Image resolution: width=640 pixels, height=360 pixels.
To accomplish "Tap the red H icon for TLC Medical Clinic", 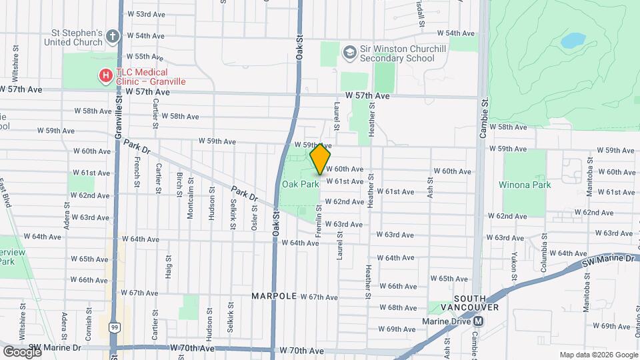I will click(105, 77).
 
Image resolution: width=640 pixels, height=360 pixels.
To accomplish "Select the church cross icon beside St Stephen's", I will click(113, 36).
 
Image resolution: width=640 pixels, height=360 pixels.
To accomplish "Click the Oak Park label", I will click(300, 184).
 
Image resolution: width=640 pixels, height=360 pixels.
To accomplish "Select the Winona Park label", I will click(525, 185).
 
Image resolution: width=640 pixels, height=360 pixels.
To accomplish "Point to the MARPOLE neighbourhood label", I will click(274, 295).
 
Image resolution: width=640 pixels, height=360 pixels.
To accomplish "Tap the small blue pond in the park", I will click(573, 41).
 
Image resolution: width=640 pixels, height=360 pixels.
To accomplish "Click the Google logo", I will click(22, 351).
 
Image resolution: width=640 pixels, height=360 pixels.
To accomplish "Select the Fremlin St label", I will click(319, 221).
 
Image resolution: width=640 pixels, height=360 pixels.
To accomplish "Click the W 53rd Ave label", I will click(146, 13).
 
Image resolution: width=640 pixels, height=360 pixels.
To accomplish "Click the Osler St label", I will click(255, 215).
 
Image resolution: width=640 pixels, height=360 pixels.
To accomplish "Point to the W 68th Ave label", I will click(398, 307).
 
